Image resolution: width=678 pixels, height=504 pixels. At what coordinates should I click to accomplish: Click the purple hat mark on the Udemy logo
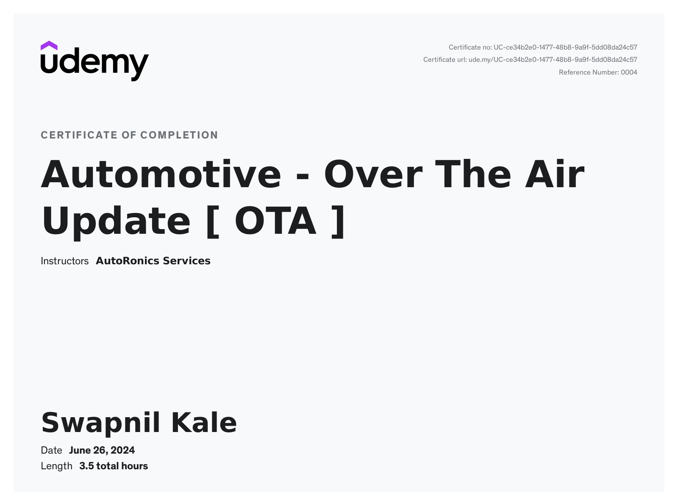pyautogui.click(x=49, y=46)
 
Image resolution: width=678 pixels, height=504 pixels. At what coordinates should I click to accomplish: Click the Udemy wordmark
pyautogui.click(x=95, y=64)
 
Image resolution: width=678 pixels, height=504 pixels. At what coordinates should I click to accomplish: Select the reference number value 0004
pyautogui.click(x=629, y=72)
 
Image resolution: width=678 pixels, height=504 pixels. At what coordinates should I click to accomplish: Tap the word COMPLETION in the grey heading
pyautogui.click(x=179, y=135)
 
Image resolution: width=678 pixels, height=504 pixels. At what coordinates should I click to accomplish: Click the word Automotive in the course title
pyautogui.click(x=161, y=174)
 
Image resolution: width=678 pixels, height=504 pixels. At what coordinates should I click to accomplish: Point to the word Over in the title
pyautogui.click(x=373, y=174)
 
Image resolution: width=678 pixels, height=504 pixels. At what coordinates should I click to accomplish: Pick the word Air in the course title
pyautogui.click(x=555, y=174)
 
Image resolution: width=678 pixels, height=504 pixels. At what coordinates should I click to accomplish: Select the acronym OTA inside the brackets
pyautogui.click(x=275, y=221)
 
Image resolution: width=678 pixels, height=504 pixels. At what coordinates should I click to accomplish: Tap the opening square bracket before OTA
pyautogui.click(x=213, y=222)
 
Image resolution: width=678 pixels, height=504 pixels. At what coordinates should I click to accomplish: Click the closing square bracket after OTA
pyautogui.click(x=338, y=222)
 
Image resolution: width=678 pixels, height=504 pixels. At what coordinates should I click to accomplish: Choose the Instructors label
pyautogui.click(x=64, y=261)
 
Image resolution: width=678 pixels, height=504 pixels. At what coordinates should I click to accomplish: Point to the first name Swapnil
pyautogui.click(x=101, y=424)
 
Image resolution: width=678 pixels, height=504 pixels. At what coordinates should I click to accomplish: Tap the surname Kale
pyautogui.click(x=204, y=423)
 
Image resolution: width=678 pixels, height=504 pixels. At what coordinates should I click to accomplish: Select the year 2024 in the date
pyautogui.click(x=122, y=450)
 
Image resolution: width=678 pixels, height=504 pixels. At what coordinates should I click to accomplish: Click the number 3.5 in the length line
pyautogui.click(x=86, y=466)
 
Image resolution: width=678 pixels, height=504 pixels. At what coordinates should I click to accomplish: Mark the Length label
pyautogui.click(x=56, y=466)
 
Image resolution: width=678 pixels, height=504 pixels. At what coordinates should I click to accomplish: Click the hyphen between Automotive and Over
pyautogui.click(x=303, y=177)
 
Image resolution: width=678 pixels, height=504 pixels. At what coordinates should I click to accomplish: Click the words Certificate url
pyautogui.click(x=445, y=60)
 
